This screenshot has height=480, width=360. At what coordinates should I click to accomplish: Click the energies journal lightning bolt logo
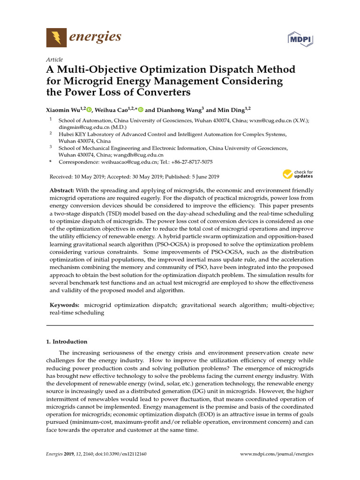[x=56, y=37]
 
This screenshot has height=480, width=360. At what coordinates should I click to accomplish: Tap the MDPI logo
[x=300, y=38]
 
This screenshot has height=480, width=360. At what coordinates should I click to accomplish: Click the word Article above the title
[x=54, y=60]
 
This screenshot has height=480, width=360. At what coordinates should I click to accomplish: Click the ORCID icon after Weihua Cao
[x=140, y=110]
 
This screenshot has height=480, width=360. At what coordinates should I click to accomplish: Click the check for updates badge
[x=298, y=175]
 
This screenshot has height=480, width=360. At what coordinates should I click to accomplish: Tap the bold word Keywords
[x=64, y=305]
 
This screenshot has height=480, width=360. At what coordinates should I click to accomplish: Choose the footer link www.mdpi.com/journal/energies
[x=277, y=454]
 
